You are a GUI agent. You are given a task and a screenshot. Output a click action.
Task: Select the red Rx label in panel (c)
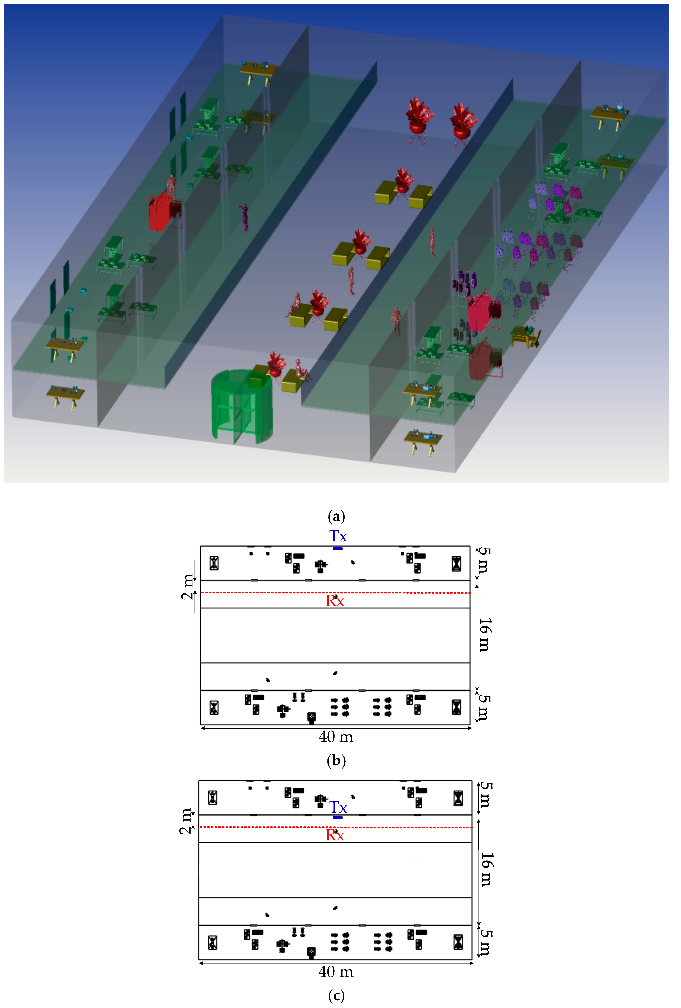coord(334,835)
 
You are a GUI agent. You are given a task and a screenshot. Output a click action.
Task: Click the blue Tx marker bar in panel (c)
coord(337,818)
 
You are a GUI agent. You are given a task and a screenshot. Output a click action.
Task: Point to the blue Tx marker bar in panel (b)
coord(337,549)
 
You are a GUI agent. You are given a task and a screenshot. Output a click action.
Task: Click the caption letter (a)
coord(336,517)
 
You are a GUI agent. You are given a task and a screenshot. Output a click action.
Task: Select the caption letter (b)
coord(336,761)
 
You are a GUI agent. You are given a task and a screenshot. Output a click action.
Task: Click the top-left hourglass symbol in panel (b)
coord(214,563)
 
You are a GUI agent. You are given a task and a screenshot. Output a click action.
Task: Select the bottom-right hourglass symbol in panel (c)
coord(458,942)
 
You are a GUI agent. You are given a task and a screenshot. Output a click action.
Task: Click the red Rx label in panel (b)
coord(334,601)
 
